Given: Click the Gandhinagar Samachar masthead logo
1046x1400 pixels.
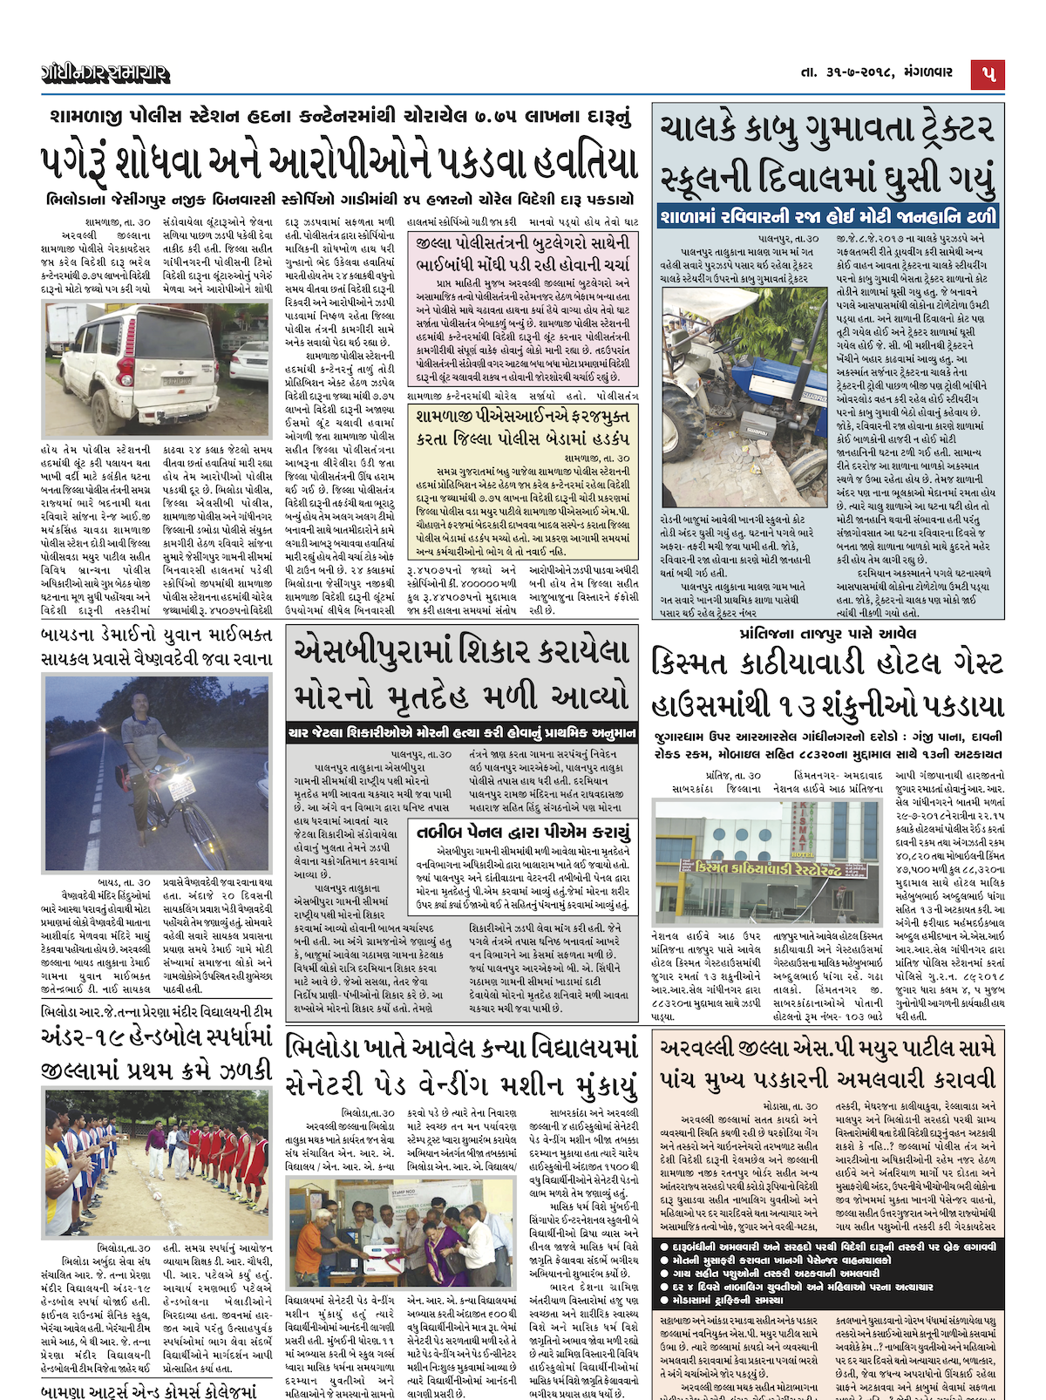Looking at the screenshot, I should (104, 74).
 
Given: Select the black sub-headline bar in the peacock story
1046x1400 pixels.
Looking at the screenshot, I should (463, 733).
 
